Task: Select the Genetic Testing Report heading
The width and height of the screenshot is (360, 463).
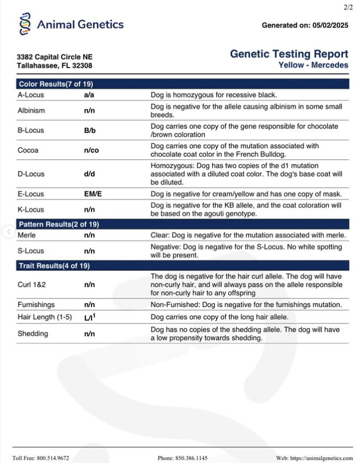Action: pyautogui.click(x=289, y=54)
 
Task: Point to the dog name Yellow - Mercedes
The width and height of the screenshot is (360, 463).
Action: pyautogui.click(x=313, y=65)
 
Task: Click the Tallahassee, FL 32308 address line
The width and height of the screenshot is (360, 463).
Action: pyautogui.click(x=54, y=66)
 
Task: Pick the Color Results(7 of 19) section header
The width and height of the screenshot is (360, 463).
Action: pyautogui.click(x=56, y=84)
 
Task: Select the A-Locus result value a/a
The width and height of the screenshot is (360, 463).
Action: pyautogui.click(x=89, y=95)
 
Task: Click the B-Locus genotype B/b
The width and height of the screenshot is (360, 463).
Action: pyautogui.click(x=89, y=130)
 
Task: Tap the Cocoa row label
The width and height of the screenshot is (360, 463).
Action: pyautogui.click(x=28, y=150)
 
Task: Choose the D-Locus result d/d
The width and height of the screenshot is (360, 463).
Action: pyautogui.click(x=89, y=174)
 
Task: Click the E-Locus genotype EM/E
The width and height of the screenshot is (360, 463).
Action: pyautogui.click(x=93, y=194)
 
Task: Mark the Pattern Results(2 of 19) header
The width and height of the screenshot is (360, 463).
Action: pyautogui.click(x=59, y=224)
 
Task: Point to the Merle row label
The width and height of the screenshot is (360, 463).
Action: pyautogui.click(x=26, y=234)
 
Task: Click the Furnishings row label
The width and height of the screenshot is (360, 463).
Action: pyautogui.click(x=36, y=305)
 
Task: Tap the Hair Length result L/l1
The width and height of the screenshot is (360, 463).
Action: pyautogui.click(x=90, y=317)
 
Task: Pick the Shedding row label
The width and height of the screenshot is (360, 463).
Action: pyautogui.click(x=33, y=333)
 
